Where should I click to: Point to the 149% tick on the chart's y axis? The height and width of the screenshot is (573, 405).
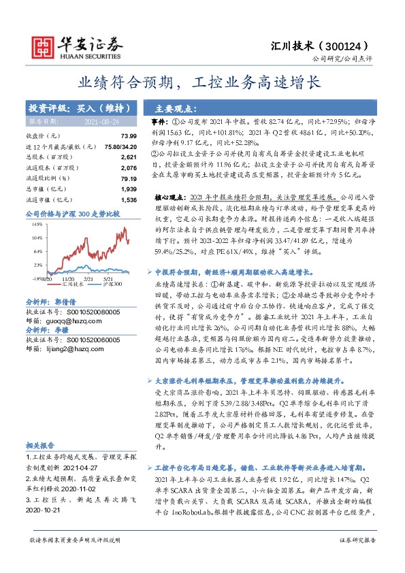[37, 223]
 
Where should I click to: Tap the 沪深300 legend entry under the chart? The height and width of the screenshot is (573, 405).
[112, 284]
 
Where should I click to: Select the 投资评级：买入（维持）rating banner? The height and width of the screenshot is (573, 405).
[73, 108]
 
